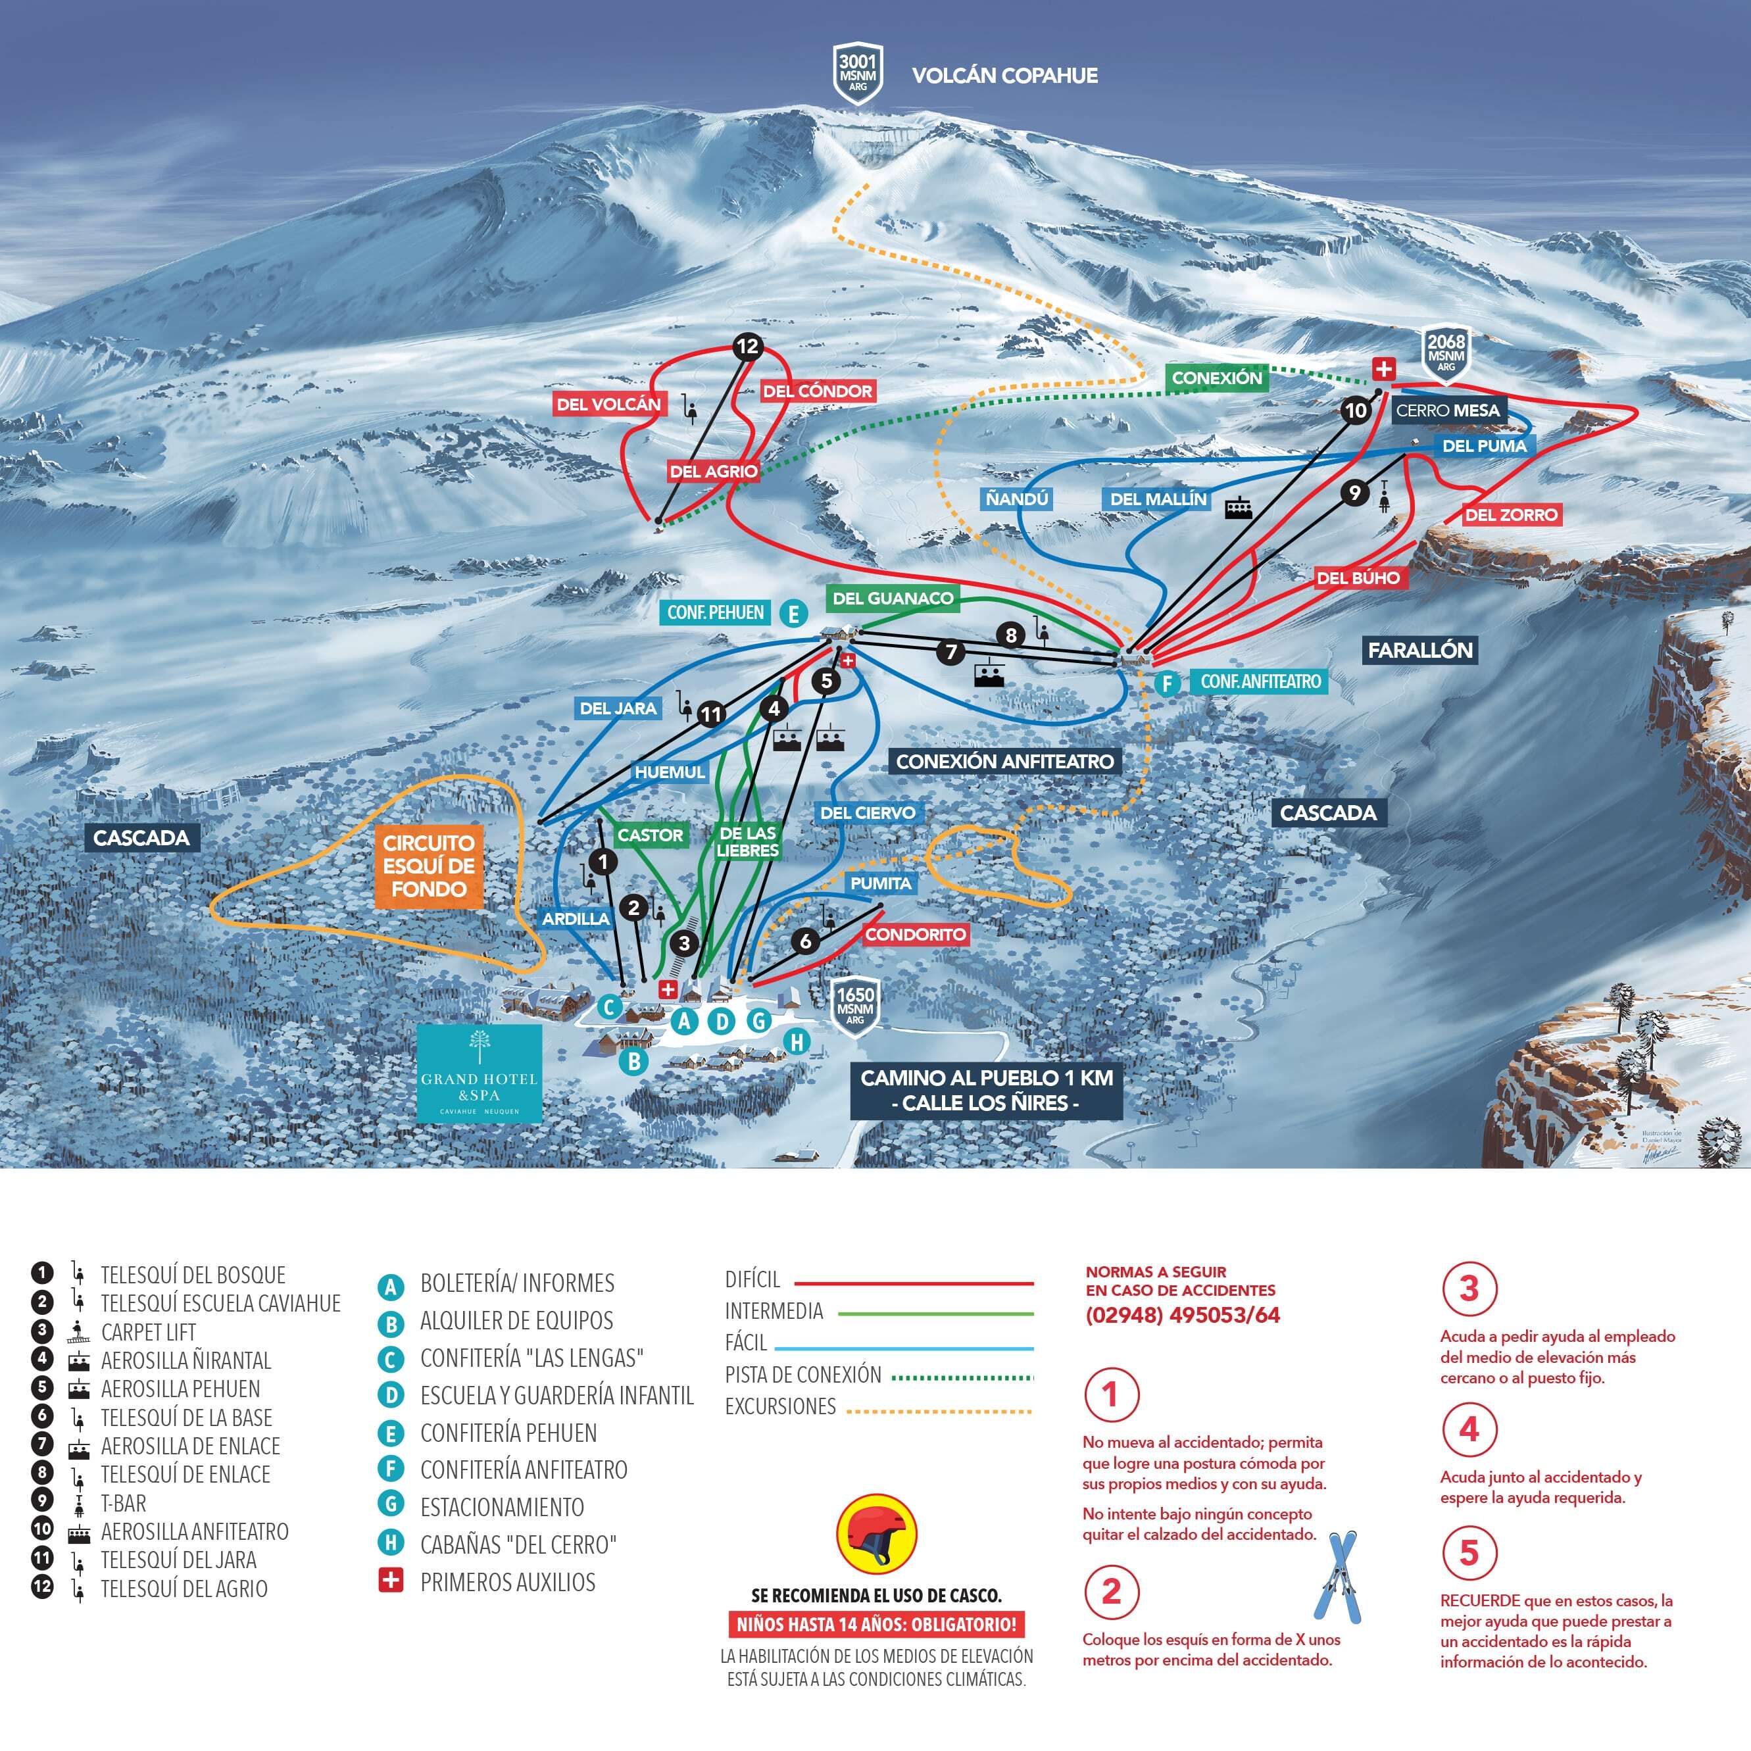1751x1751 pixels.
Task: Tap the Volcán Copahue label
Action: [1004, 75]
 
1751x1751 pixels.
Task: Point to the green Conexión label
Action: [1216, 378]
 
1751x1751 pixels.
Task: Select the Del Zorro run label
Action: [1511, 515]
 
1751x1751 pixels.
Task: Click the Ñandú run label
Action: [1016, 499]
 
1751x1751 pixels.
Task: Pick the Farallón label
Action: [1420, 650]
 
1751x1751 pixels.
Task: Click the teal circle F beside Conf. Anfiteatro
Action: [1168, 683]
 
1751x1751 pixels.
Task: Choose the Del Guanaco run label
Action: [893, 597]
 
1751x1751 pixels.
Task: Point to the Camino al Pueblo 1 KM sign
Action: [986, 1091]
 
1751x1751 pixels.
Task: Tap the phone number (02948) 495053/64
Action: [1183, 1315]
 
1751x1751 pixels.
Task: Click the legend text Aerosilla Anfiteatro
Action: [195, 1532]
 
